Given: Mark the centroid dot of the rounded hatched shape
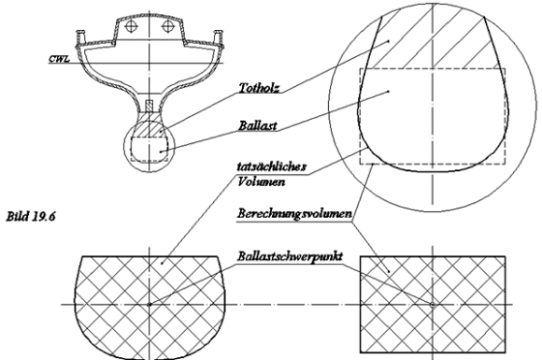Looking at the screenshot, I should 150,304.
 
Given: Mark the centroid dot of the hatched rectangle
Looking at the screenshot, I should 432,304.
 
